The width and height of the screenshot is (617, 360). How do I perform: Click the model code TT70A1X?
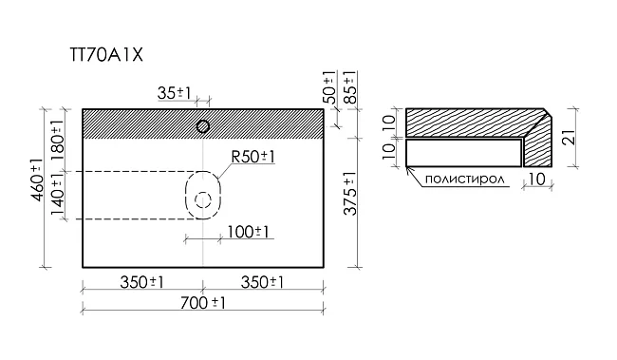tap(106, 55)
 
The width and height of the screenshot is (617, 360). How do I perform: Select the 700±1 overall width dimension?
tap(202, 303)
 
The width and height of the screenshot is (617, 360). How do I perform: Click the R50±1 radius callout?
tap(252, 157)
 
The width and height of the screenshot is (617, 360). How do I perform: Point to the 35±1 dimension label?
tap(174, 93)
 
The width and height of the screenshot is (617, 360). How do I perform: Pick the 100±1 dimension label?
tap(248, 232)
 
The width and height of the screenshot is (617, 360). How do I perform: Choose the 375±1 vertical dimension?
tap(350, 194)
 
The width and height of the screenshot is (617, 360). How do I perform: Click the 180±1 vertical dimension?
tap(58, 140)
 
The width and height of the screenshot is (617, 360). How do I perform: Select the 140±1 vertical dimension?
tap(58, 195)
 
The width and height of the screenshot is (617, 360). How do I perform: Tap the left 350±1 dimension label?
tap(141, 282)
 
